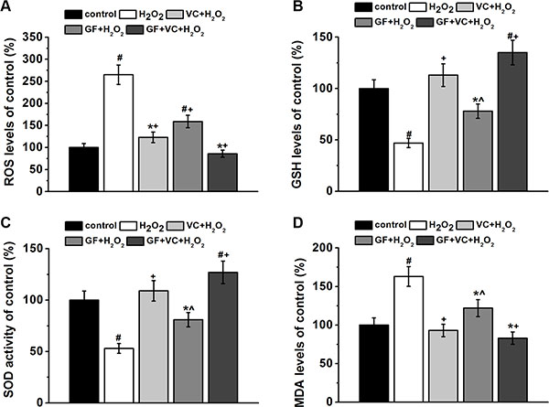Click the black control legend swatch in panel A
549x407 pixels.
click(80, 15)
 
